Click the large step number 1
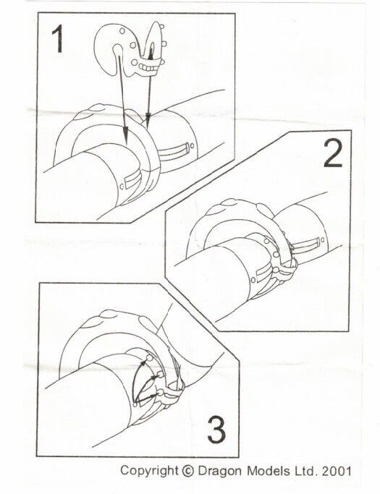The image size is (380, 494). pyautogui.click(x=59, y=39)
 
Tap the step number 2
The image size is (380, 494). pyautogui.click(x=334, y=153)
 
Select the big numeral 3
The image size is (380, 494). pyautogui.click(x=216, y=430)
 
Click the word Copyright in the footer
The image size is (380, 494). pyautogui.click(x=149, y=472)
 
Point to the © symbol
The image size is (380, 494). pyautogui.click(x=188, y=472)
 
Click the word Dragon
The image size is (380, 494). pyautogui.click(x=221, y=472)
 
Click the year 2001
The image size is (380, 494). pyautogui.click(x=337, y=471)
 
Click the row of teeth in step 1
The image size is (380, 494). pyautogui.click(x=148, y=67)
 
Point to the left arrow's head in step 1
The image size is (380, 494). pyautogui.click(x=125, y=135)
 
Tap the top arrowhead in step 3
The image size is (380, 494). pyautogui.click(x=143, y=363)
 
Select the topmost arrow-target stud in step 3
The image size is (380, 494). pyautogui.click(x=150, y=358)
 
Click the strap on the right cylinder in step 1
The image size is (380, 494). pyautogui.click(x=172, y=151)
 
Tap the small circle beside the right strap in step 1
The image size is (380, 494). pyautogui.click(x=192, y=145)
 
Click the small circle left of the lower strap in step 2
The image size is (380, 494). pyautogui.click(x=253, y=280)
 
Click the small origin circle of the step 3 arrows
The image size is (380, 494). pyautogui.click(x=135, y=404)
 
